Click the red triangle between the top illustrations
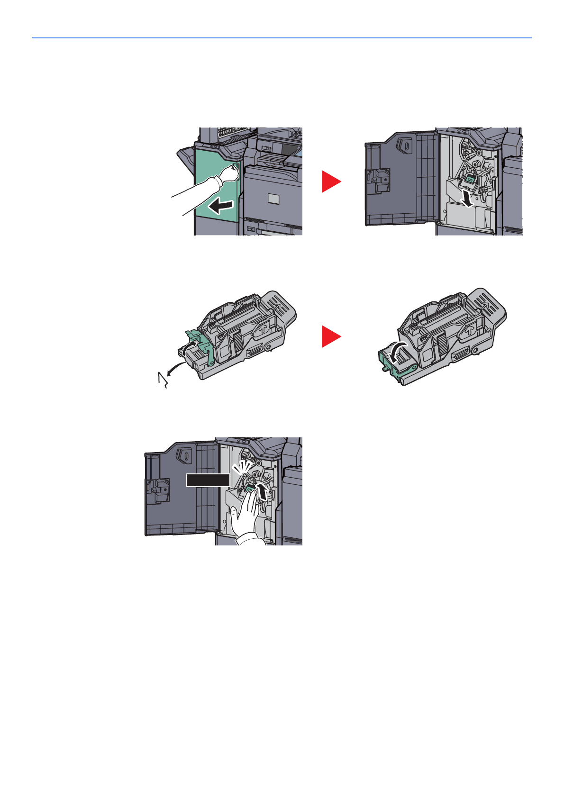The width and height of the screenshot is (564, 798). (x=330, y=181)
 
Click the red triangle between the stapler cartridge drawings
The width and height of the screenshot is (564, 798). (x=330, y=336)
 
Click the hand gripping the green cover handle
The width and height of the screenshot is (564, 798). (x=229, y=174)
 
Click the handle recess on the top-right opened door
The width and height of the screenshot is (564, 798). (x=406, y=145)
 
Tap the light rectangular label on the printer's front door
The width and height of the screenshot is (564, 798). (x=273, y=199)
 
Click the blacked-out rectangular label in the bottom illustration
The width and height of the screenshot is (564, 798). (x=208, y=480)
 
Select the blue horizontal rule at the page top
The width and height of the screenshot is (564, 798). (x=282, y=37)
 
